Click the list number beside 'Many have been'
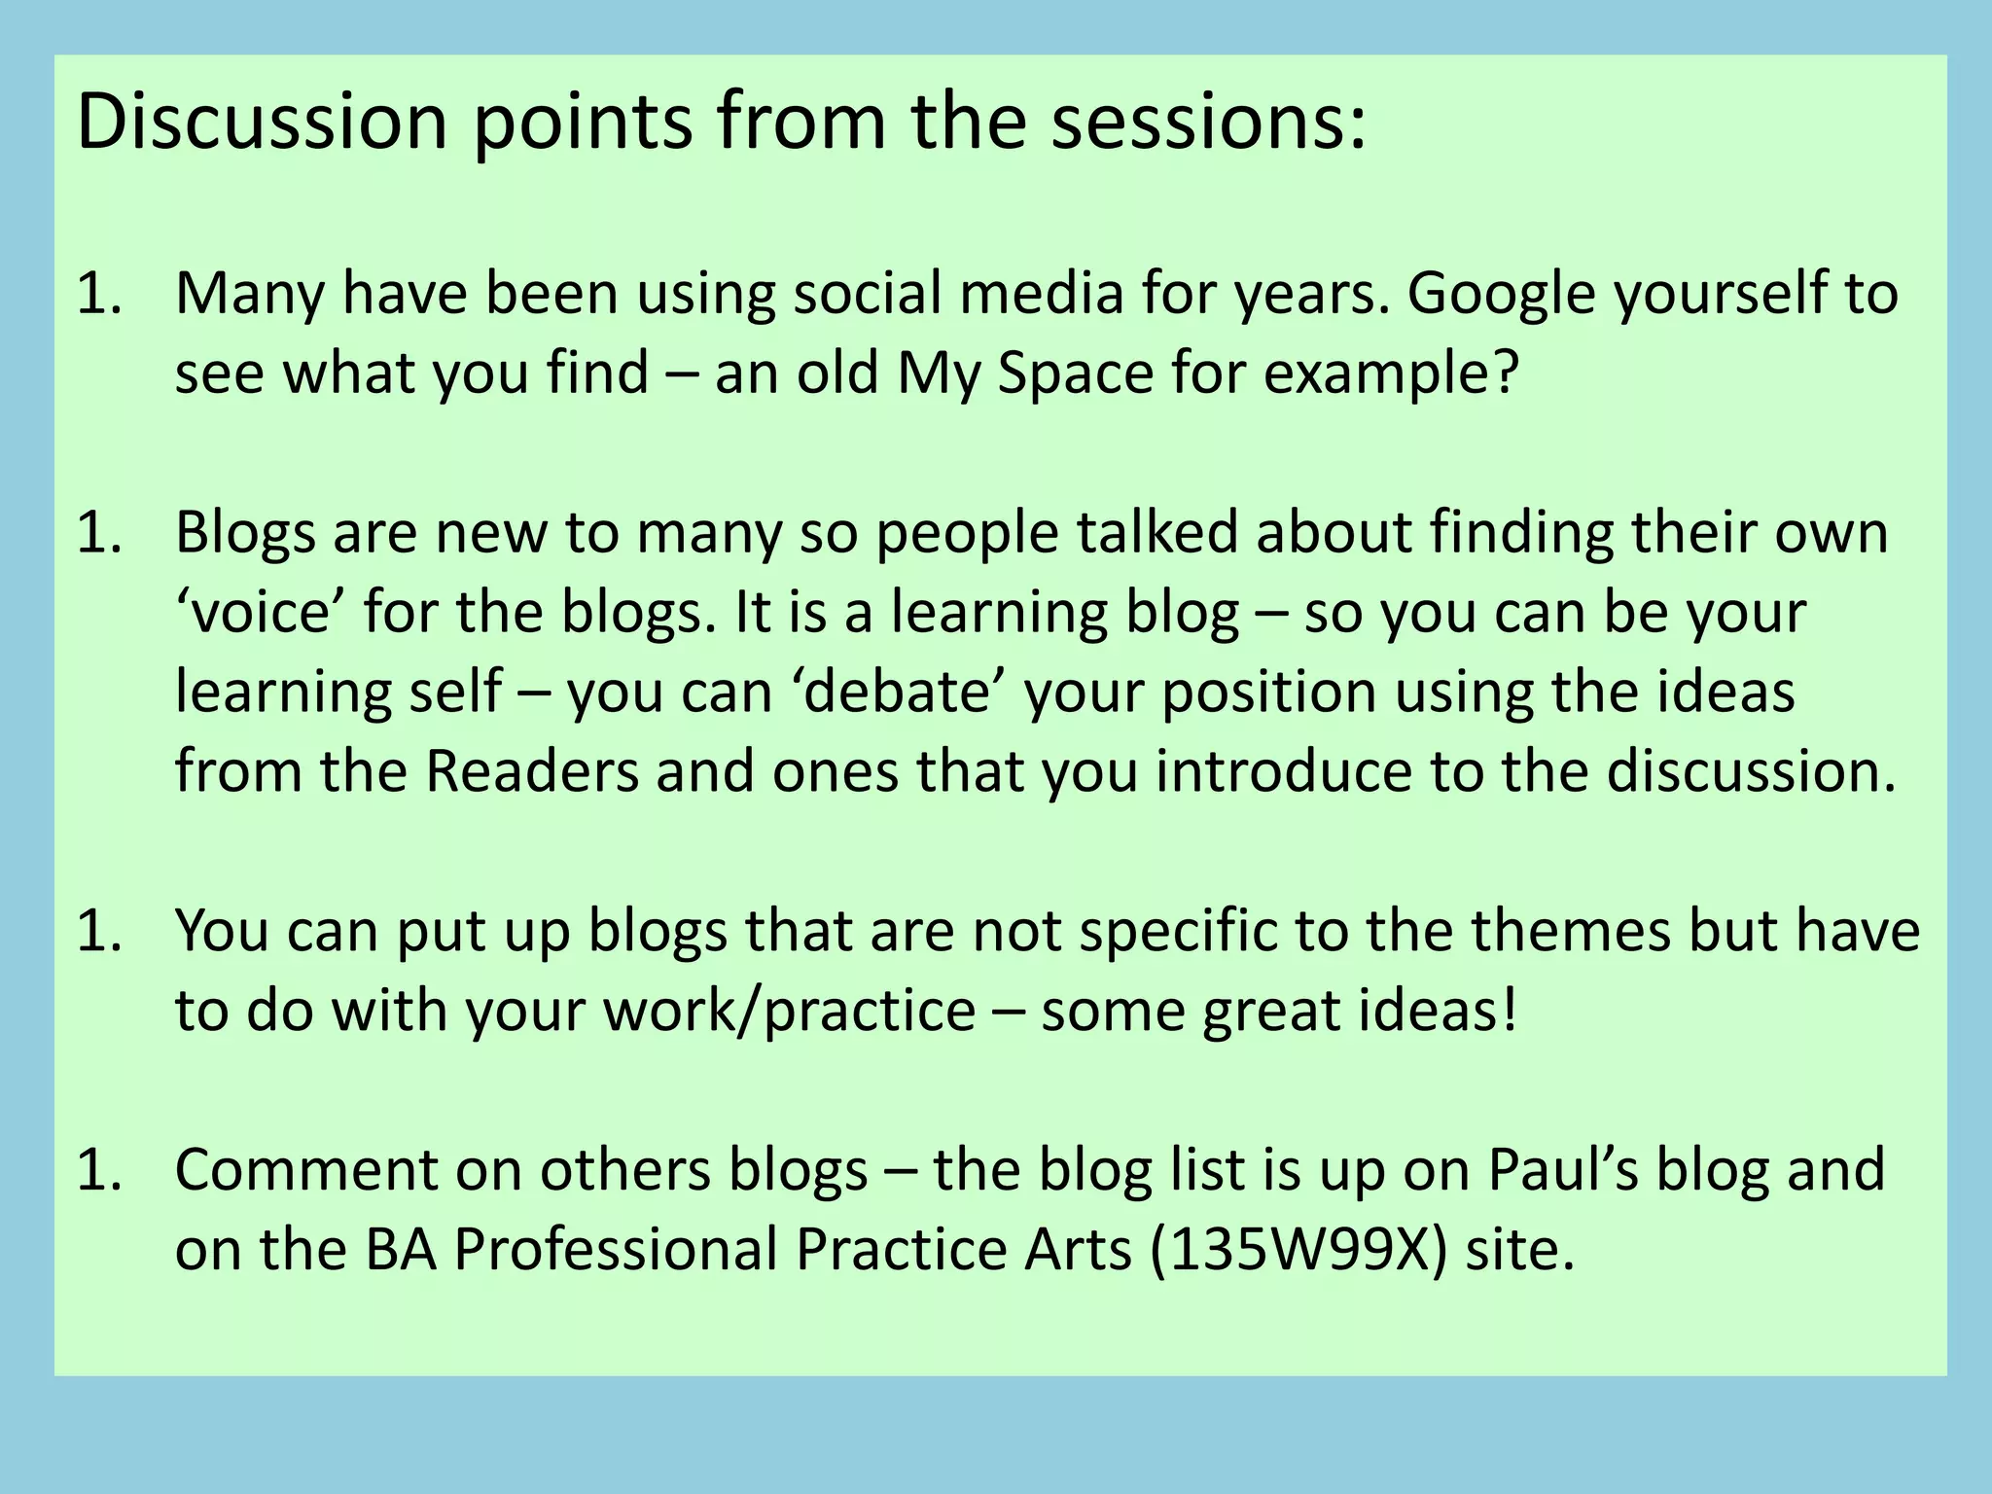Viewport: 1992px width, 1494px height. [x=98, y=293]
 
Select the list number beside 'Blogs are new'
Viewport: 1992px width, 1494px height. [x=98, y=532]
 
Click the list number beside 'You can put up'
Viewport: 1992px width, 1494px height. [x=98, y=931]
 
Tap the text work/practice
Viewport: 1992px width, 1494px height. [x=789, y=1012]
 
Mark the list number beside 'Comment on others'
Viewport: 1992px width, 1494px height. [x=98, y=1170]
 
